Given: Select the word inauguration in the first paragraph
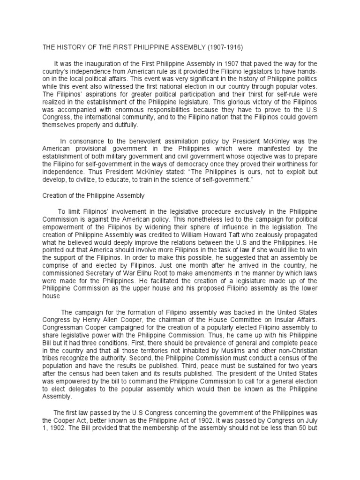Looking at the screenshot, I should tap(103, 64).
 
